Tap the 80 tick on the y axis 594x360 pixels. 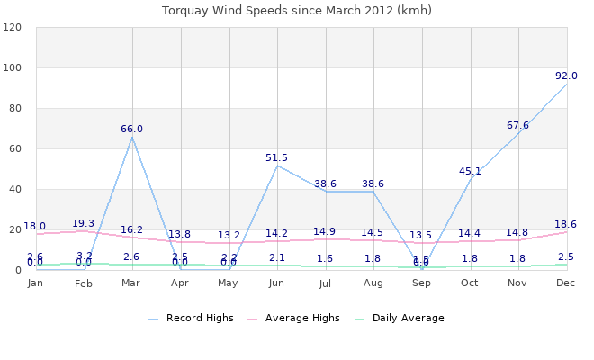pyautogui.click(x=14, y=108)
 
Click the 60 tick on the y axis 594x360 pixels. pyautogui.click(x=14, y=148)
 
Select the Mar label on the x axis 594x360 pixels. pyautogui.click(x=131, y=283)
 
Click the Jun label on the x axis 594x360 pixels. pyautogui.click(x=276, y=283)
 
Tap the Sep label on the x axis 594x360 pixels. pyautogui.click(x=421, y=283)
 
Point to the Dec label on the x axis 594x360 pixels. pyautogui.click(x=566, y=283)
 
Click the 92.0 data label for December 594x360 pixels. pyautogui.click(x=566, y=76)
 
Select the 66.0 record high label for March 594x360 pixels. pyautogui.click(x=131, y=129)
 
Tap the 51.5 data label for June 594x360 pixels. pyautogui.click(x=276, y=157)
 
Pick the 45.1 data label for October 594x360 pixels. pyautogui.click(x=470, y=171)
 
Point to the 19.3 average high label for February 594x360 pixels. pyautogui.click(x=84, y=223)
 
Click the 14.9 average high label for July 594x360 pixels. pyautogui.click(x=325, y=232)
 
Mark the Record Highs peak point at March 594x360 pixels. pyautogui.click(x=132, y=137)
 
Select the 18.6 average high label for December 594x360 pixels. pyautogui.click(x=566, y=224)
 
